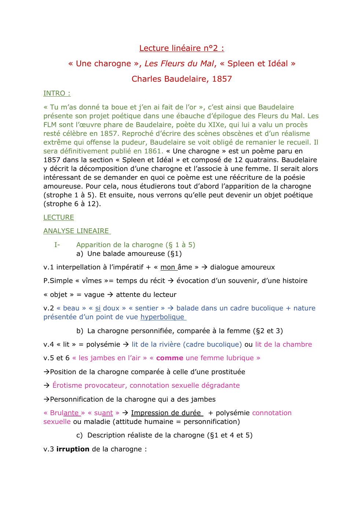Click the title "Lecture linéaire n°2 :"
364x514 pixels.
[x=181, y=48]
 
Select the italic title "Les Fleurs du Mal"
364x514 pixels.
[x=179, y=63]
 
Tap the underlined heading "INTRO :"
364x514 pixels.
[x=57, y=93]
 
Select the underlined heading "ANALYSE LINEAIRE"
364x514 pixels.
[x=76, y=231]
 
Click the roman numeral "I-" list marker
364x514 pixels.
[x=57, y=245]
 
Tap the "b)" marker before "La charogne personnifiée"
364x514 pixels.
[x=80, y=331]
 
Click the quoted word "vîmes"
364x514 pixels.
[x=92, y=280]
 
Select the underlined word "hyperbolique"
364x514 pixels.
[x=162, y=317]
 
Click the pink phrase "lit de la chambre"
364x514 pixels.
[x=283, y=344]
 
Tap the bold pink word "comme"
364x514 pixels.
[x=169, y=358]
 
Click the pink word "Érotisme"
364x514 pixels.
[x=68, y=385]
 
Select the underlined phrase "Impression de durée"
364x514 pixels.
[x=166, y=413]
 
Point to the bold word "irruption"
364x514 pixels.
[x=73, y=449]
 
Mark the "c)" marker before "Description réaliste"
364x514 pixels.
[x=80, y=435]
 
